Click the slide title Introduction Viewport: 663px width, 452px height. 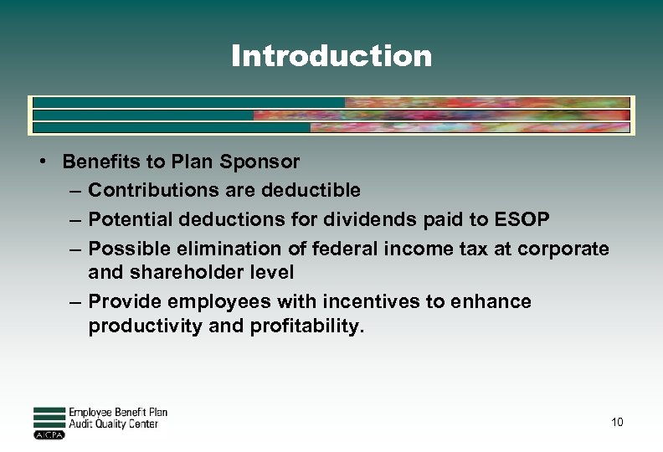coord(331,56)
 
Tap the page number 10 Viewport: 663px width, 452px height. coord(617,422)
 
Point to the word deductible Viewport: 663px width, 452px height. coord(311,190)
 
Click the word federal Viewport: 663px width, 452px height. coord(339,249)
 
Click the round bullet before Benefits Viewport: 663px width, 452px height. coord(41,161)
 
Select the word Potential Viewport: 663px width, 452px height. coord(128,219)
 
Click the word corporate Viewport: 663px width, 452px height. coord(563,249)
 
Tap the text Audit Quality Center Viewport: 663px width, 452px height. coord(113,424)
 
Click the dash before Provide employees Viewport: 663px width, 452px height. coord(75,301)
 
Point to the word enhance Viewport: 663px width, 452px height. coord(495,301)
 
